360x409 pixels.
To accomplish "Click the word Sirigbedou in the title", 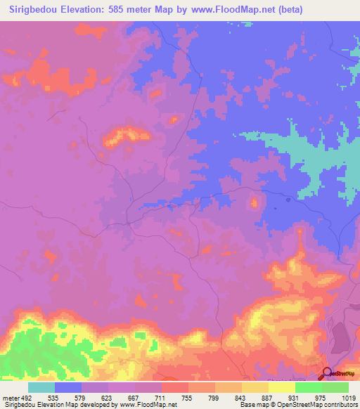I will [x=32, y=10].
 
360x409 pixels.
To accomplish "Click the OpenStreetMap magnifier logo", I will [x=327, y=373].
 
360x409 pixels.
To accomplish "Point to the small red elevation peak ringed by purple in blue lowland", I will [x=253, y=204].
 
